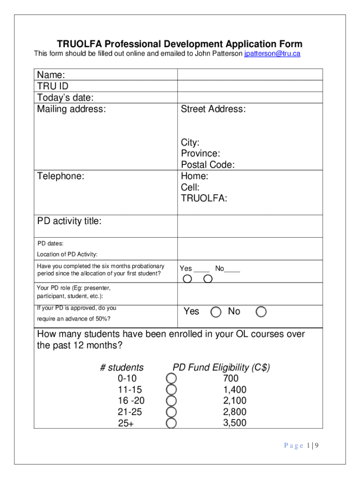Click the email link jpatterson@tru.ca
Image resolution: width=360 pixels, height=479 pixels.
coord(272,54)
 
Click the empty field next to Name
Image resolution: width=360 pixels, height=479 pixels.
coord(250,75)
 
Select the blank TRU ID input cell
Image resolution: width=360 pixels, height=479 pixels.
coord(250,86)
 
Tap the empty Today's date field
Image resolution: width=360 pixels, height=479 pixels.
coord(250,97)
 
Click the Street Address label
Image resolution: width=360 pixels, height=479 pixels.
coord(213,109)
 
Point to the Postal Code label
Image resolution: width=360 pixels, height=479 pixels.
coord(208,165)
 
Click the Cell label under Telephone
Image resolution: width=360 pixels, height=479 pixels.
coord(190,188)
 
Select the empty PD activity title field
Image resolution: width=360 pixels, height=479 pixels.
coord(250,226)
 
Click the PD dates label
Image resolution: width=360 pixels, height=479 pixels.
coord(50,244)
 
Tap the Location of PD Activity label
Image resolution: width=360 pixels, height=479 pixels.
coord(67,254)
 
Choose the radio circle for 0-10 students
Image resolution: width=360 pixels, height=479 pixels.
coord(172,378)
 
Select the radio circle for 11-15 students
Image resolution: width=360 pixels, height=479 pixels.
coord(172,390)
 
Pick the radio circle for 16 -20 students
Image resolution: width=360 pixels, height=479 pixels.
coord(172,401)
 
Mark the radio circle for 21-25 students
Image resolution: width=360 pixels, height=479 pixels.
coord(172,412)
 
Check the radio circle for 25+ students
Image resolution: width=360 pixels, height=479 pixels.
coord(172,423)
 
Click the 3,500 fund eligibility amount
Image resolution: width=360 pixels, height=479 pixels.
coord(235,423)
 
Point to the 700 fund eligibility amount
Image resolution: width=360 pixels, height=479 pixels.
coord(231,378)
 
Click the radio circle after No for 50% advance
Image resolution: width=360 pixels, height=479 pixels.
coord(261,312)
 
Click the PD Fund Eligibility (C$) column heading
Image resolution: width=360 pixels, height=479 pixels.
coord(221,367)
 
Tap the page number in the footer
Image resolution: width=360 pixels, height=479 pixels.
coord(301,446)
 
